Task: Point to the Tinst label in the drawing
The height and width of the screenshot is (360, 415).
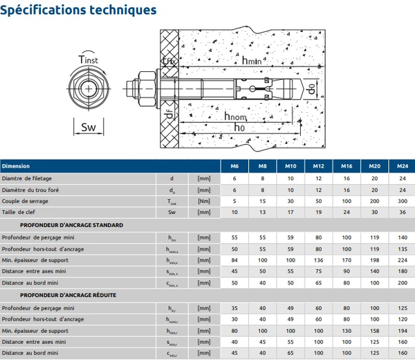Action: point(88,60)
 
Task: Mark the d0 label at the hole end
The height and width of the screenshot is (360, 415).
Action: point(313,89)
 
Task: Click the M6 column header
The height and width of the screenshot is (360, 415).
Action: point(234,166)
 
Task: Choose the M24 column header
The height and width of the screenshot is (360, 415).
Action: point(402,166)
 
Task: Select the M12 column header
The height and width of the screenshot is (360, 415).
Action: point(318,166)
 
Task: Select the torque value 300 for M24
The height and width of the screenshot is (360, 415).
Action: point(402,201)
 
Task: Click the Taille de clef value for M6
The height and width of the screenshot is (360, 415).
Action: point(234,213)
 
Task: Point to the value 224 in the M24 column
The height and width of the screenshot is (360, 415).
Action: point(402,260)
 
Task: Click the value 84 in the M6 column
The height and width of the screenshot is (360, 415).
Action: point(234,260)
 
